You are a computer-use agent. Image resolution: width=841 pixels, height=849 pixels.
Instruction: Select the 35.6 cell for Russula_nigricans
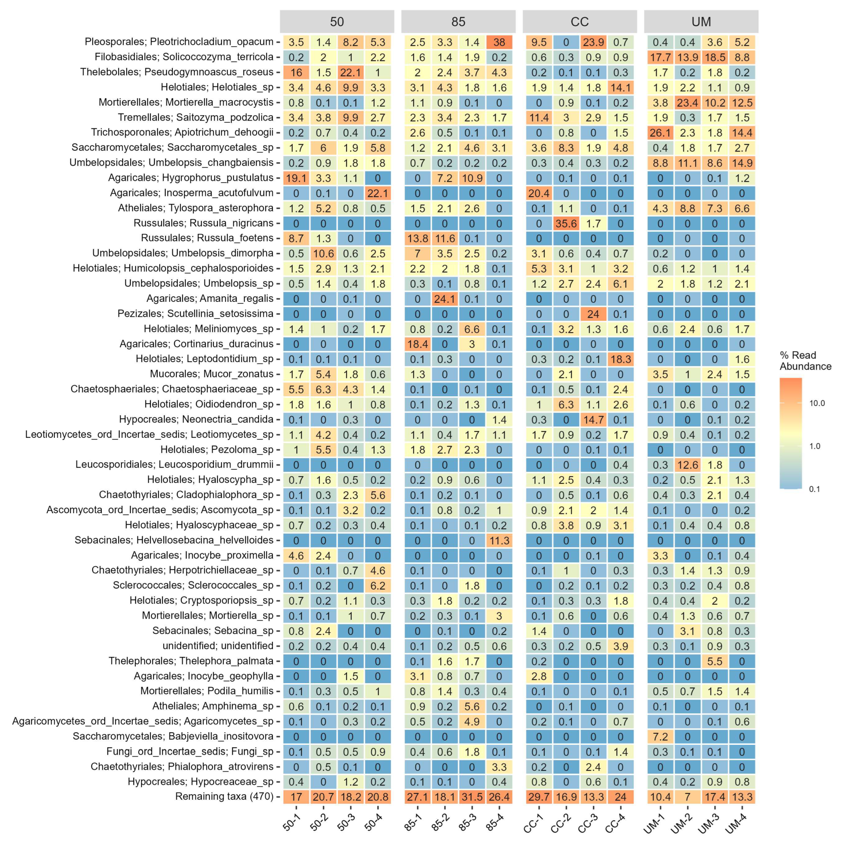click(565, 223)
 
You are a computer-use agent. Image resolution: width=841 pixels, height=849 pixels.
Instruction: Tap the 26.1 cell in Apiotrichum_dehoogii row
click(660, 133)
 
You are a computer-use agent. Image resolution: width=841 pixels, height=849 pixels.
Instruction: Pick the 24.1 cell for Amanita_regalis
click(444, 299)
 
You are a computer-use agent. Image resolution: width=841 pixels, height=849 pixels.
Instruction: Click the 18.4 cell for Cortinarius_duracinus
click(417, 344)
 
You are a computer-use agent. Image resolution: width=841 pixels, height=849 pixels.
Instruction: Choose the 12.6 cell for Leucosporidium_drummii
click(687, 465)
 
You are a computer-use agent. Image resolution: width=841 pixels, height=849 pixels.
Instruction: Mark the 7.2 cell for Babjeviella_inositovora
click(660, 737)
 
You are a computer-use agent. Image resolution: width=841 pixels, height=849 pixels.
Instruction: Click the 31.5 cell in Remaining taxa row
click(472, 797)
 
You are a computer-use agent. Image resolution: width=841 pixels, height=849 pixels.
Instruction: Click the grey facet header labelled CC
click(579, 22)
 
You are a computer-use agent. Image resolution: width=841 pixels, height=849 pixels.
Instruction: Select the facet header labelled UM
click(701, 22)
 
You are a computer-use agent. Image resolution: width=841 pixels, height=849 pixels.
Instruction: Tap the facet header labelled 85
click(458, 22)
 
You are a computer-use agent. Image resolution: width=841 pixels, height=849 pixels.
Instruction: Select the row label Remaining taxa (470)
click(224, 796)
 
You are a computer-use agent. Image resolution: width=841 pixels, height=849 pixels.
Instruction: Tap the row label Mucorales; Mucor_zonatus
click(212, 374)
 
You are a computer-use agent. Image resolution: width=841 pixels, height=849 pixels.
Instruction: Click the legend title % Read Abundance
click(805, 361)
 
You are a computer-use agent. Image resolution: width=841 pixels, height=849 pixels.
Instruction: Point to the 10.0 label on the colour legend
click(817, 403)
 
